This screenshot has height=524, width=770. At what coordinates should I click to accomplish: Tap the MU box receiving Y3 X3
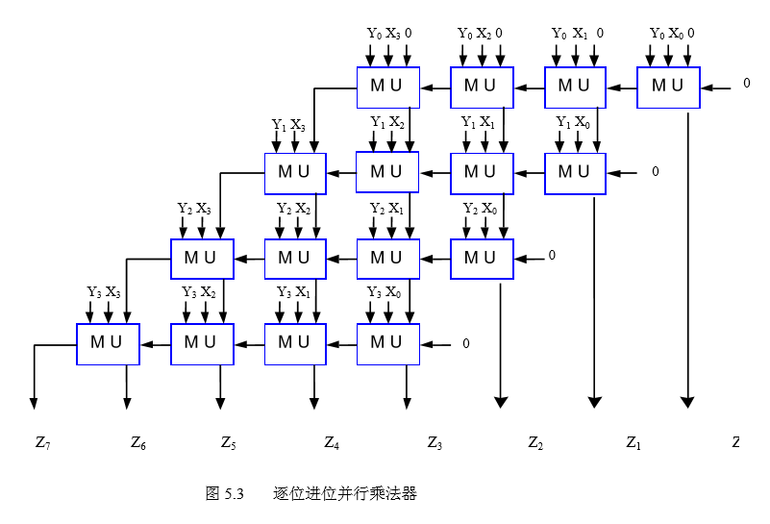coord(108,343)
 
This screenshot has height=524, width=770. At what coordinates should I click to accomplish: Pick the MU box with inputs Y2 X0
coord(482,258)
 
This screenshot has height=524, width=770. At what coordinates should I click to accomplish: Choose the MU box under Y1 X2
coord(387,172)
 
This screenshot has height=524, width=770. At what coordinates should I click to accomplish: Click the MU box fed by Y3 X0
coord(387,343)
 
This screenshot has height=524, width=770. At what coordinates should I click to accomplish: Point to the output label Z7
coord(42,443)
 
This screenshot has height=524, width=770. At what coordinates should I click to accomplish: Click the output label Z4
coord(332,443)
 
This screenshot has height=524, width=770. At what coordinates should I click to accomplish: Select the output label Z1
coord(633,443)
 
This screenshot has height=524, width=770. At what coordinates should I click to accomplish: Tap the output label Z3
coord(435,443)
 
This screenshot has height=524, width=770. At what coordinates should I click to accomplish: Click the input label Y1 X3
coord(288,125)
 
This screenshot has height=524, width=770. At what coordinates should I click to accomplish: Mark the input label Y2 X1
coord(387,209)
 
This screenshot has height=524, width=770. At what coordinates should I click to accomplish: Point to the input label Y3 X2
coord(199,292)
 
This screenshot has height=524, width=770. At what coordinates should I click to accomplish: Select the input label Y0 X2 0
coord(482,34)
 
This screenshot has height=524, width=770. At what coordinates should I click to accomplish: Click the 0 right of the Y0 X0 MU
coord(746,84)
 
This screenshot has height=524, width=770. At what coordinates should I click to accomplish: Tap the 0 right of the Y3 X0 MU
coord(466,343)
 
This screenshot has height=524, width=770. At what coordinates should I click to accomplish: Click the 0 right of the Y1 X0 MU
coord(655,172)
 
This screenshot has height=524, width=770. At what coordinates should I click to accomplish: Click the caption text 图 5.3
coord(226,494)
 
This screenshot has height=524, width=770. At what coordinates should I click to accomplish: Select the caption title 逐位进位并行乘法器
coord(344,494)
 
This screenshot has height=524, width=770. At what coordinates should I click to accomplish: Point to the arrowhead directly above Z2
coord(500,401)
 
